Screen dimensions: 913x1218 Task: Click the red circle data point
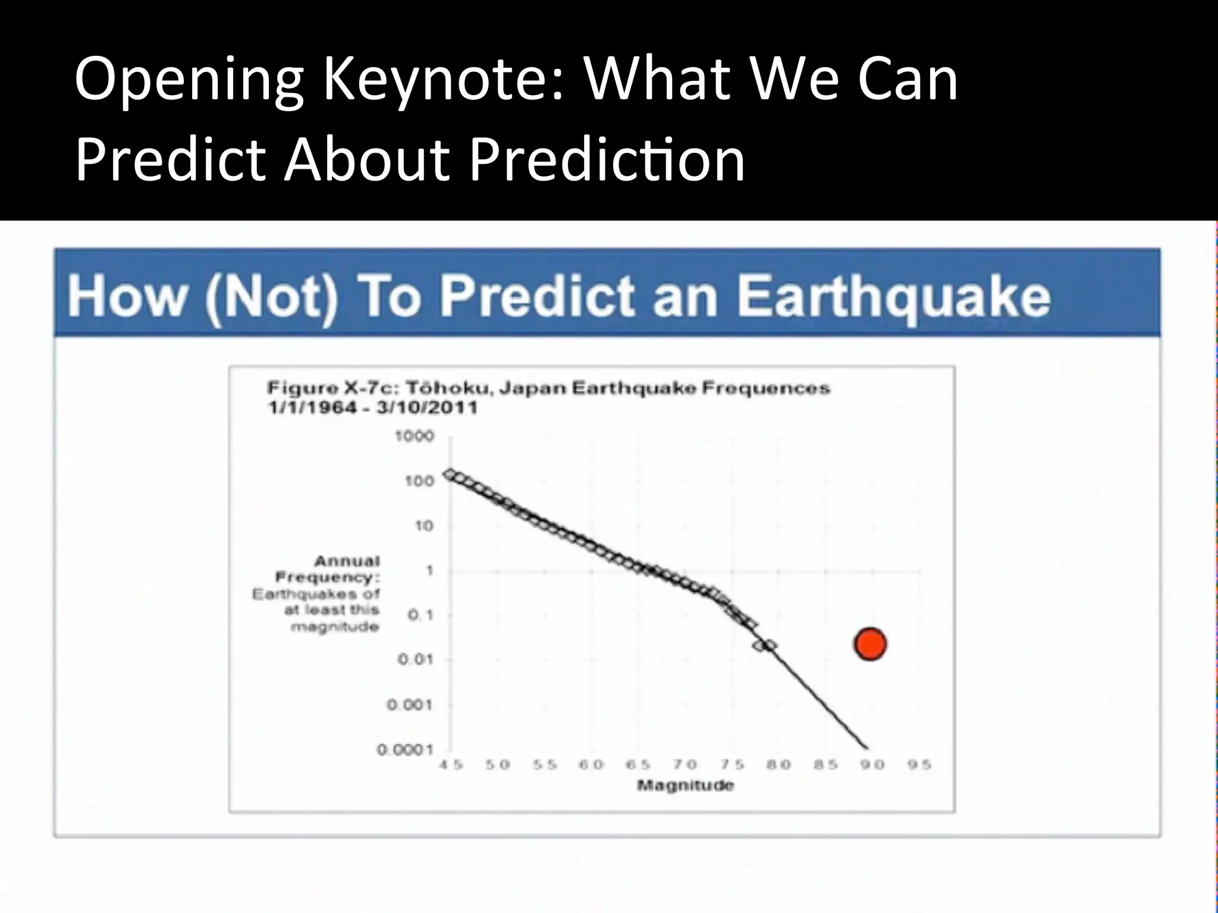coord(870,644)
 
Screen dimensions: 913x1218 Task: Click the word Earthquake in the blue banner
coord(894,297)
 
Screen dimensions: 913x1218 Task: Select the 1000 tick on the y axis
coord(415,436)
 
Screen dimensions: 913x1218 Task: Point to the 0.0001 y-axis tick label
coord(405,750)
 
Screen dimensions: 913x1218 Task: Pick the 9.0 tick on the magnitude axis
coord(872,765)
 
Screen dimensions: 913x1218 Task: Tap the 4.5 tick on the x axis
coord(451,765)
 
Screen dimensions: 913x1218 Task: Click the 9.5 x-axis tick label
coord(919,765)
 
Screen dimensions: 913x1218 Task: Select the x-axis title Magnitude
coord(685,785)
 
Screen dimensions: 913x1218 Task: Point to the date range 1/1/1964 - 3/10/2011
coord(373,408)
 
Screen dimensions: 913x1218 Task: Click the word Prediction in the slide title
coord(607,159)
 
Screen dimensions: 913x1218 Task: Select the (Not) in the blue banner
coord(271,297)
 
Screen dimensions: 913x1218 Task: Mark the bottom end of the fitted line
coord(867,748)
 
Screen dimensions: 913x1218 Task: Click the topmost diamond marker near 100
coord(451,474)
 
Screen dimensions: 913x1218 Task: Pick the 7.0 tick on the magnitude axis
coord(685,765)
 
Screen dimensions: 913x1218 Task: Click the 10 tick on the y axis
coord(423,525)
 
